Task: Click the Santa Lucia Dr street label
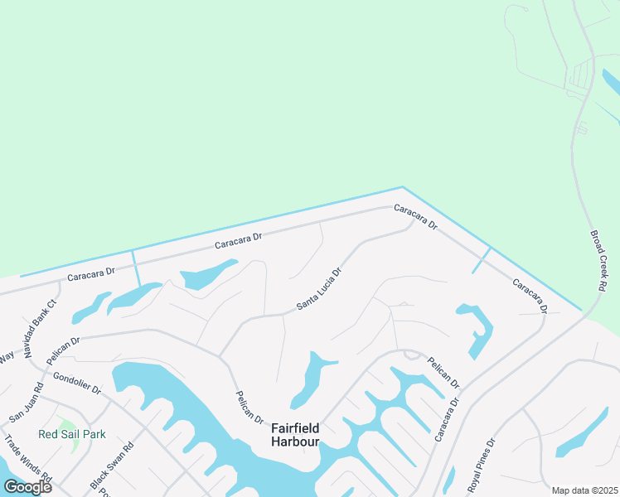pyautogui.click(x=319, y=288)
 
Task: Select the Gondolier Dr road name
pyautogui.click(x=76, y=382)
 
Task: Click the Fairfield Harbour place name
pyautogui.click(x=295, y=435)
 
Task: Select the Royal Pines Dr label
pyautogui.click(x=481, y=466)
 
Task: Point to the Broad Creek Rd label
pyautogui.click(x=599, y=260)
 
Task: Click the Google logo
pyautogui.click(x=27, y=486)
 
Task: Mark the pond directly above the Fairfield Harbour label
pyautogui.click(x=313, y=377)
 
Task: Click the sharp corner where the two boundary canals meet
pyautogui.click(x=402, y=188)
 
